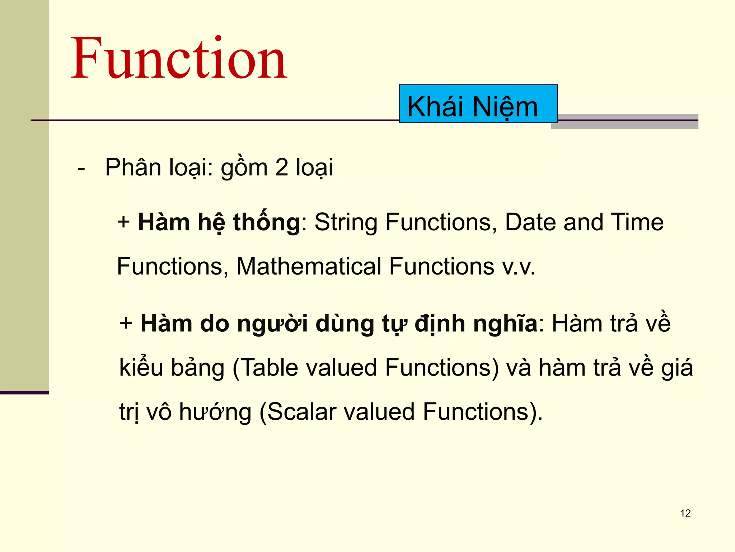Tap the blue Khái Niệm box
tap(478, 104)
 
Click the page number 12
tap(685, 513)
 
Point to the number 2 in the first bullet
tap(282, 167)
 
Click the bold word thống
tap(266, 222)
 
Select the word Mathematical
tap(309, 266)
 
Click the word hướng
tap(215, 413)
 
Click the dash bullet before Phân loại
tap(81, 168)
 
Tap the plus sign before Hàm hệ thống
tap(123, 222)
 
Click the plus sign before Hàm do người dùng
tap(126, 323)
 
